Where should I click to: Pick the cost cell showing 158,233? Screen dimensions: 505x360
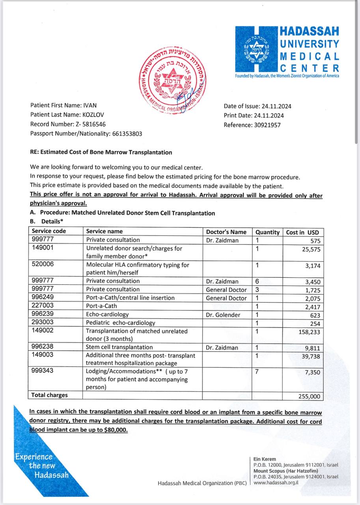click(310, 332)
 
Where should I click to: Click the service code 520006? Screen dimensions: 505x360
click(43, 265)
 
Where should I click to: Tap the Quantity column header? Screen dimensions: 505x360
click(267, 232)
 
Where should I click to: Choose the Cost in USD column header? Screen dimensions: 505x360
click(302, 232)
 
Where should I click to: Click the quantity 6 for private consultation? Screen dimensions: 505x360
click(257, 281)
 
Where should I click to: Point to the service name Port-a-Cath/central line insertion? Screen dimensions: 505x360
click(130, 298)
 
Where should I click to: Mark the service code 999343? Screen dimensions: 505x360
click(43, 371)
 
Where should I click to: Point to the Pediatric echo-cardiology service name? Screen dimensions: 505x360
click(121, 323)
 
